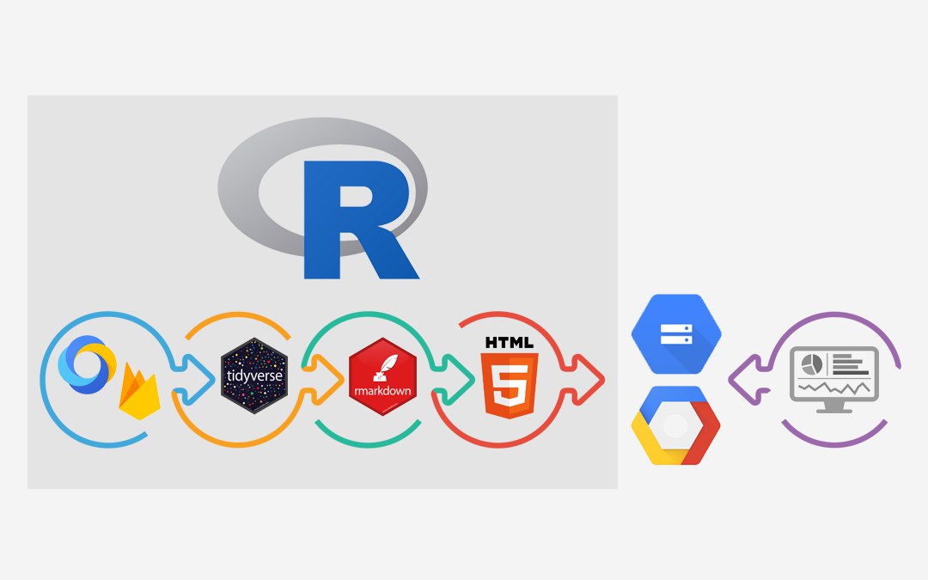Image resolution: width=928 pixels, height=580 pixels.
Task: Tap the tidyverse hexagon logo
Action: click(x=254, y=375)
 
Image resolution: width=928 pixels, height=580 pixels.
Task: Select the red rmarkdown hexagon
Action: click(x=382, y=376)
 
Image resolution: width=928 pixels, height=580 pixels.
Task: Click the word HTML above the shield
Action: click(x=509, y=342)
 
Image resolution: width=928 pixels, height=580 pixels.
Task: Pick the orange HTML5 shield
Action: click(x=509, y=385)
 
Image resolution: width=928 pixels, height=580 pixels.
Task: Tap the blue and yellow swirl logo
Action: click(x=87, y=364)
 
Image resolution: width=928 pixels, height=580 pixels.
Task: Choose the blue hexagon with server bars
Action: click(x=676, y=333)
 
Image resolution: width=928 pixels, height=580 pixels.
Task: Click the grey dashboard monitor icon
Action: click(x=833, y=380)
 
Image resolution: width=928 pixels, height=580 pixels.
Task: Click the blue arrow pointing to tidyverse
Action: click(x=193, y=379)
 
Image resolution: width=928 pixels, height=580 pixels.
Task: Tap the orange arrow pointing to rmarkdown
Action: click(x=322, y=380)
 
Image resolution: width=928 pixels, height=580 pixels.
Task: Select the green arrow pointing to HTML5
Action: click(x=453, y=380)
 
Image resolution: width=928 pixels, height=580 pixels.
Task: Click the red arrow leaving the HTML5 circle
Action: click(x=583, y=380)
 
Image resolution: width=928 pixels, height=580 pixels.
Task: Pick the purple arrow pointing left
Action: click(x=749, y=380)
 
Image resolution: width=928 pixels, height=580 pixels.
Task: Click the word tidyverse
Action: click(x=254, y=375)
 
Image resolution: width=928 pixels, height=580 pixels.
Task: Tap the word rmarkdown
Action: click(x=382, y=391)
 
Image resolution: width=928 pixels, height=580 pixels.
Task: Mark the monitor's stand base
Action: click(x=833, y=410)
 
